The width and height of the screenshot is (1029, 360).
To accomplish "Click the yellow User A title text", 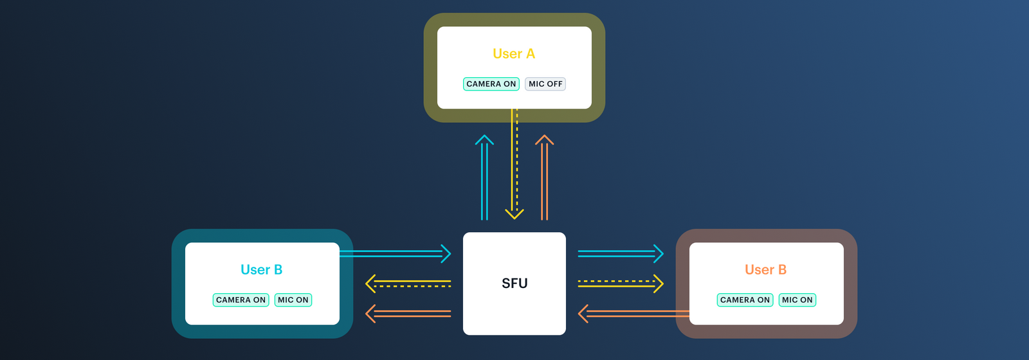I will coord(513,54).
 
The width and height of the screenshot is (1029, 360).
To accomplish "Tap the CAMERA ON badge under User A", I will coord(491,84).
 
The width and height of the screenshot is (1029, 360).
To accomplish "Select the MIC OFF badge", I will coord(545,84).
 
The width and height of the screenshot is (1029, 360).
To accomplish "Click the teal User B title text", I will coord(261,270).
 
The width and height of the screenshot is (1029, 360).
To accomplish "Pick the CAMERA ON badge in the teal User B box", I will coord(241,300).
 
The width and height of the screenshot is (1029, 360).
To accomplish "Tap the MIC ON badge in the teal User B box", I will coord(293,300).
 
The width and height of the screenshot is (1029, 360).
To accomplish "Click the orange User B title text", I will coord(765,270).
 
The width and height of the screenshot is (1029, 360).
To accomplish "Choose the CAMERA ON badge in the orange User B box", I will coord(745,300).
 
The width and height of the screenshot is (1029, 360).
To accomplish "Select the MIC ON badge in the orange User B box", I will coord(797,300).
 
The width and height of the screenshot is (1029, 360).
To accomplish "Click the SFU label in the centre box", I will coord(514,283).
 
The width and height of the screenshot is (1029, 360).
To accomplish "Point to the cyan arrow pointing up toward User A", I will coord(484,180).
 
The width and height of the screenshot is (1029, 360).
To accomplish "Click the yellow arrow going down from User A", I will coord(514,167).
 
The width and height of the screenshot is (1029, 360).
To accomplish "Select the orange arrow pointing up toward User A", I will coord(545,180).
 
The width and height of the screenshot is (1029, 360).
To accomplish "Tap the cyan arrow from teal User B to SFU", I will coord(396,254).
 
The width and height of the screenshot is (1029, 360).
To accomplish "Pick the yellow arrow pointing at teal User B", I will coord(408,283).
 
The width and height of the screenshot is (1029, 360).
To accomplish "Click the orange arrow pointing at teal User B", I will coord(408,314).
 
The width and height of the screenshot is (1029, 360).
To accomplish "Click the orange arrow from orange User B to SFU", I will coord(633,314).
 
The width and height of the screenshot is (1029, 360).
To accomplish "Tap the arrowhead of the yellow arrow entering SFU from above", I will coord(514,213).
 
